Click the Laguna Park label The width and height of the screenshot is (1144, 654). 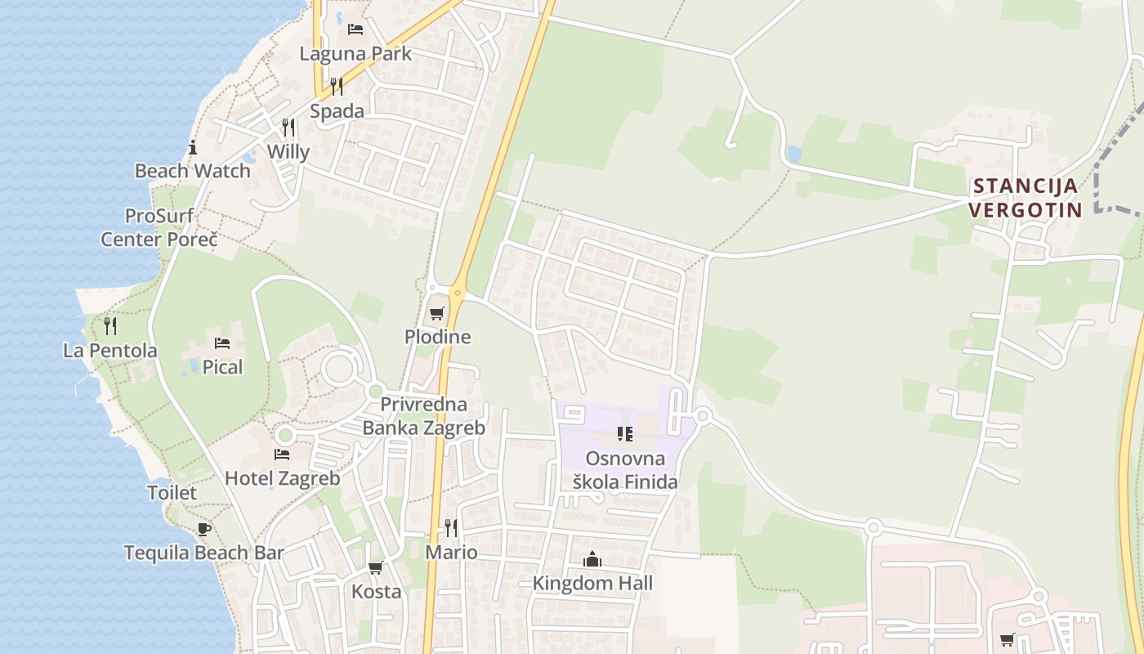(x=355, y=54)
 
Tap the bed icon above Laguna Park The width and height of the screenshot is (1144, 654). (x=355, y=29)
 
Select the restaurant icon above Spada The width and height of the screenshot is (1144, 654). (x=337, y=86)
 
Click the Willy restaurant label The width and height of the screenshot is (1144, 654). (x=288, y=152)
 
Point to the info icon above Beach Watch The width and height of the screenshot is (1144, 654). (x=193, y=147)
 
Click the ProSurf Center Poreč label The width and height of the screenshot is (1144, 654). (x=159, y=228)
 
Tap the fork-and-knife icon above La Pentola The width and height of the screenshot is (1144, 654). (x=110, y=326)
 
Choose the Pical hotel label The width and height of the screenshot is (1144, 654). (x=223, y=367)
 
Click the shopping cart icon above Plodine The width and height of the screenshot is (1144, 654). (x=437, y=313)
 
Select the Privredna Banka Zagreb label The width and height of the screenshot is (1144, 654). (x=424, y=416)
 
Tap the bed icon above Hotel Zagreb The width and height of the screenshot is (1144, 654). (x=282, y=454)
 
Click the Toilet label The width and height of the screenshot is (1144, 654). (x=172, y=493)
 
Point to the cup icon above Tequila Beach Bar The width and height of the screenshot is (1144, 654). (x=203, y=529)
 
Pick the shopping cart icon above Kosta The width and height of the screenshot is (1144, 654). (x=376, y=567)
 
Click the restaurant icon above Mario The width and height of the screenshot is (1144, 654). (x=451, y=527)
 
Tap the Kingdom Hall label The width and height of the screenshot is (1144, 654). (x=592, y=583)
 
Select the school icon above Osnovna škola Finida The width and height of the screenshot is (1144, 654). (x=625, y=433)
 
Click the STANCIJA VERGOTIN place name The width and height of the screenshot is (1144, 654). (x=1026, y=198)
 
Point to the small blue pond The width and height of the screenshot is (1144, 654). (x=793, y=154)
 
